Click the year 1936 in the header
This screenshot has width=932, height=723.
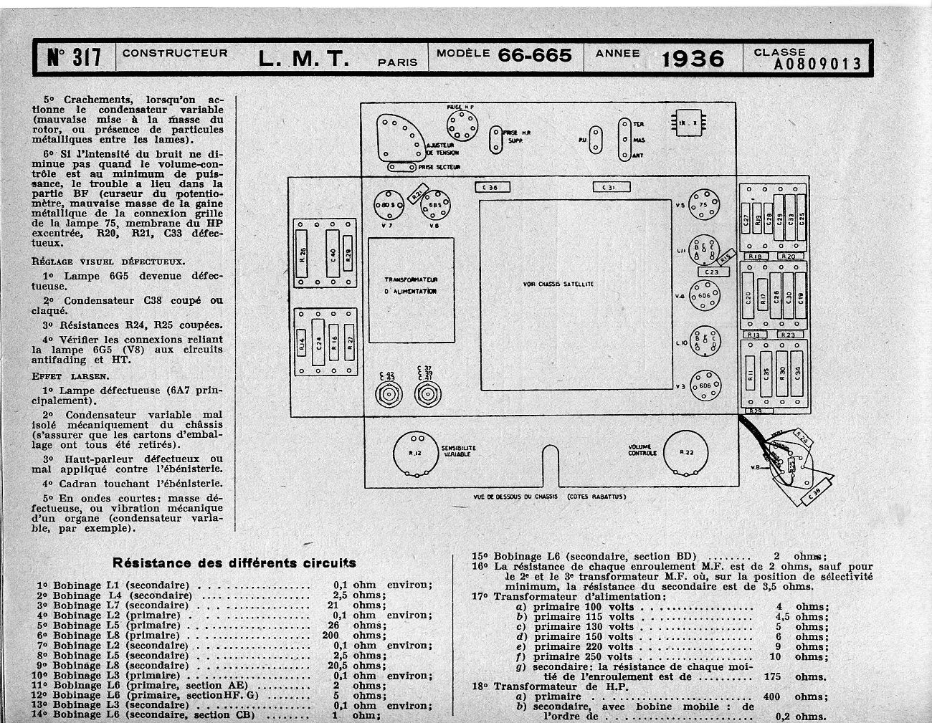[692, 57]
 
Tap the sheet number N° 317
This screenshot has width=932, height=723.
[74, 57]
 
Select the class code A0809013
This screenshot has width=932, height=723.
[817, 64]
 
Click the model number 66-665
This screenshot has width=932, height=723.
[535, 55]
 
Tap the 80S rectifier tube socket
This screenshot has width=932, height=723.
[388, 205]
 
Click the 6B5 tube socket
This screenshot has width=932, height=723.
[434, 205]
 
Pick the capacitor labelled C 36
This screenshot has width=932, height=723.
[491, 187]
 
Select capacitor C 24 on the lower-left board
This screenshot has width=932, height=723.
[318, 347]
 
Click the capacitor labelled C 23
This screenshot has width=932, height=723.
[711, 272]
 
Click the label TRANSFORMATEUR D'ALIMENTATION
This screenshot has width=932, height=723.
[411, 285]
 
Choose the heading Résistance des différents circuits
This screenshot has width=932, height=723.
[234, 562]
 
